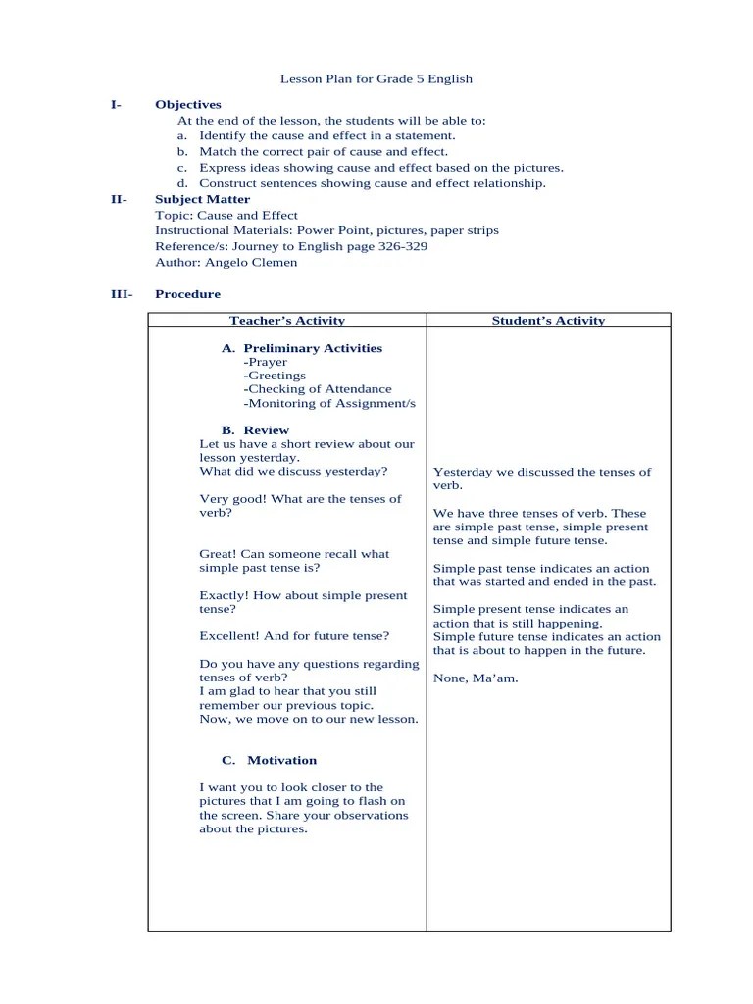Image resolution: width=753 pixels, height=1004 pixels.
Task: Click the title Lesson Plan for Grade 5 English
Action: click(x=376, y=78)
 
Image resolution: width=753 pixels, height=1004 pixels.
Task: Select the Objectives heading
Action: click(x=188, y=105)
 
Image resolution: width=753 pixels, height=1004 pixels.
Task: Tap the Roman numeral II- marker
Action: click(x=119, y=199)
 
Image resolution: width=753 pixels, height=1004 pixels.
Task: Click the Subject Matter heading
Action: click(x=203, y=199)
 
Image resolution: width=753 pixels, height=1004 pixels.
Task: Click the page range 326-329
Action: click(x=402, y=246)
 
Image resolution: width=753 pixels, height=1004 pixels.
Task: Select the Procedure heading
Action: click(x=187, y=294)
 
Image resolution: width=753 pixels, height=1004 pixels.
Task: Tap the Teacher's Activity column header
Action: click(x=287, y=321)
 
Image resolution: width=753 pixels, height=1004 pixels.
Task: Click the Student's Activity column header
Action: click(x=548, y=321)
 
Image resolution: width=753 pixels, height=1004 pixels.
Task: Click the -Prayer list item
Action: click(x=266, y=362)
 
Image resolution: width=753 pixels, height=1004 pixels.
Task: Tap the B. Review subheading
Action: click(x=256, y=430)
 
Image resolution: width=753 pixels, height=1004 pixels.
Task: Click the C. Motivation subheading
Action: click(x=270, y=760)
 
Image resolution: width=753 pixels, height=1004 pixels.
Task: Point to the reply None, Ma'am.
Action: click(x=476, y=678)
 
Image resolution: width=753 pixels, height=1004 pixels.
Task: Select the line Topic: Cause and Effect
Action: click(x=226, y=215)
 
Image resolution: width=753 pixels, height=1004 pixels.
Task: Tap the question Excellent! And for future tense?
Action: click(x=294, y=636)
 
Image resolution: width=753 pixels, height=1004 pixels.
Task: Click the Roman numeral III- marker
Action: click(x=121, y=294)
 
